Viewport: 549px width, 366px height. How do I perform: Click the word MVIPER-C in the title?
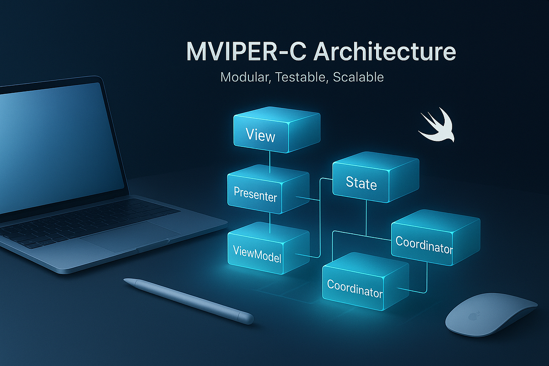246,52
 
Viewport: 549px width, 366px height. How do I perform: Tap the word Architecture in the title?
385,51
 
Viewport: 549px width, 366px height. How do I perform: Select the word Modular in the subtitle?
246,77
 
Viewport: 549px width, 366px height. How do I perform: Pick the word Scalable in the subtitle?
358,77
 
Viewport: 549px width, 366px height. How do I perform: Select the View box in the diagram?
277,130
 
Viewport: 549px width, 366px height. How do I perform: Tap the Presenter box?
269,189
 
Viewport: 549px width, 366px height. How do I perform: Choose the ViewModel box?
269,248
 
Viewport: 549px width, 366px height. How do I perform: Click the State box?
376,178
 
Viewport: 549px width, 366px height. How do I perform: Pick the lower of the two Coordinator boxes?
366,282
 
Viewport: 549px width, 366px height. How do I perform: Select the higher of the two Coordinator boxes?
436,238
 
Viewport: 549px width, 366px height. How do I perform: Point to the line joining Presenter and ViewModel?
270,223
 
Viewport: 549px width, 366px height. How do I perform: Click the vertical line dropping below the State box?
366,218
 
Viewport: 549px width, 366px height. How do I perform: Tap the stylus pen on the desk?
188,301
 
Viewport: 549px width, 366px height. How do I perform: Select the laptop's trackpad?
130,237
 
